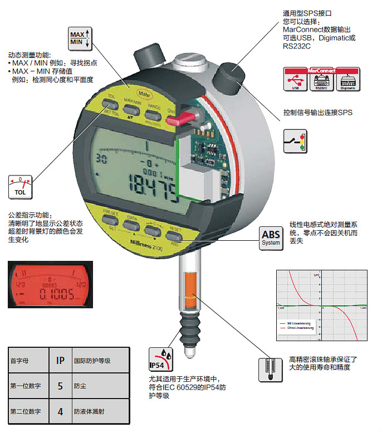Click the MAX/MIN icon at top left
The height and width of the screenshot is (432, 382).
[79, 37]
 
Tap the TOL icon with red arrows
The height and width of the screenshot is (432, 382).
[21, 187]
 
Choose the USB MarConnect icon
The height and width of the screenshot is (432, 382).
[295, 80]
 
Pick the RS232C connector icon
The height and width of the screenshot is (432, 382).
[321, 80]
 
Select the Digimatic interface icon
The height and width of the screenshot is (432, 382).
[347, 80]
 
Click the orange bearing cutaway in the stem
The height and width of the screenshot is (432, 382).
[188, 293]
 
